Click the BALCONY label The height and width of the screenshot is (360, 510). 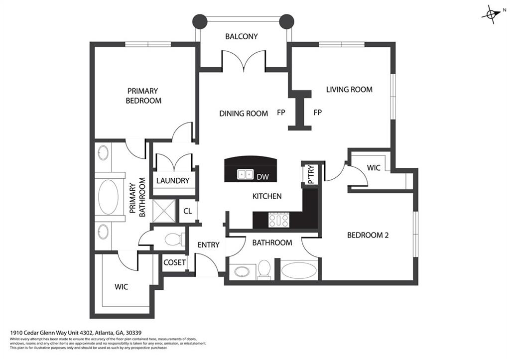pyautogui.click(x=241, y=36)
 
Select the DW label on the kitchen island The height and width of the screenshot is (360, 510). pyautogui.click(x=262, y=176)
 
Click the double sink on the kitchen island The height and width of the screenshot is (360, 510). pyautogui.click(x=245, y=175)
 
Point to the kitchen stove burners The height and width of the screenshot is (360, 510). pyautogui.click(x=278, y=220)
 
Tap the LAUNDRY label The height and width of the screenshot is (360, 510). pyautogui.click(x=173, y=180)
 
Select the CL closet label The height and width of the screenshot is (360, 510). pyautogui.click(x=187, y=211)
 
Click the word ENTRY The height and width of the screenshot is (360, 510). pyautogui.click(x=208, y=244)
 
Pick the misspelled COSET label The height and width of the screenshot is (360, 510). pyautogui.click(x=174, y=262)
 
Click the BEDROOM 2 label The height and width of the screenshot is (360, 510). pyautogui.click(x=368, y=235)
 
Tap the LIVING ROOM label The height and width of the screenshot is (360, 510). pyautogui.click(x=349, y=90)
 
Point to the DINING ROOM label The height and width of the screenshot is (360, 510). pyautogui.click(x=244, y=114)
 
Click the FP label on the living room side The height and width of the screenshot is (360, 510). pyautogui.click(x=318, y=113)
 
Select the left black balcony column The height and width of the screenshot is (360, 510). pyautogui.click(x=200, y=21)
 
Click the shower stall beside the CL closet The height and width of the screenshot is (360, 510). pyautogui.click(x=163, y=211)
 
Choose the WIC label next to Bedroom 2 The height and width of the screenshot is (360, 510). pyautogui.click(x=374, y=168)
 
